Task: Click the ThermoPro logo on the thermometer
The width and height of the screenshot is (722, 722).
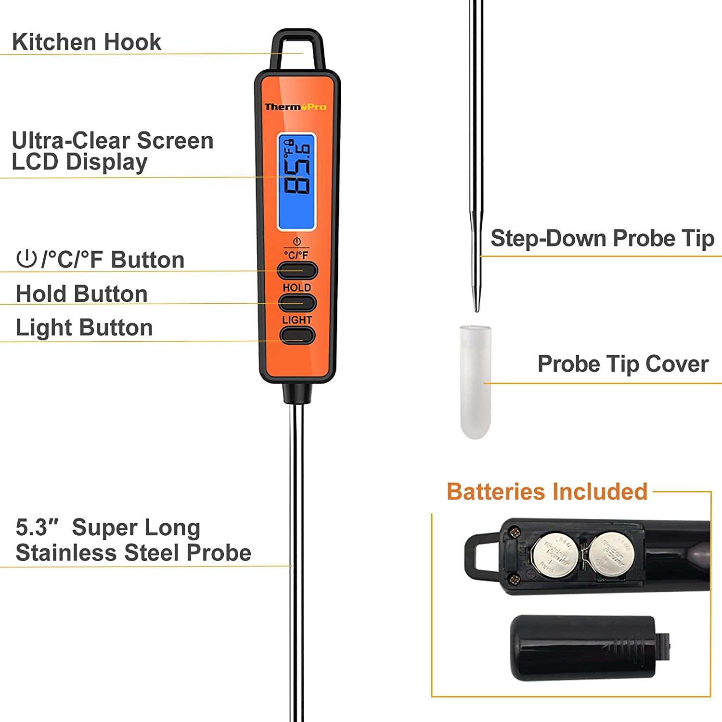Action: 296,107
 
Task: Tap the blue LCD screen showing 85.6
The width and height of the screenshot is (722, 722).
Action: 297,181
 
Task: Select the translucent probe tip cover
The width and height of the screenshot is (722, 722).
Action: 475,382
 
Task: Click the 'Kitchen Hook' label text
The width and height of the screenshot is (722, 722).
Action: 87,42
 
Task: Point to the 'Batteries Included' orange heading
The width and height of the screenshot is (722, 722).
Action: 547,491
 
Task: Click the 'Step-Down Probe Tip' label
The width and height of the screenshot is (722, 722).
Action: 602,238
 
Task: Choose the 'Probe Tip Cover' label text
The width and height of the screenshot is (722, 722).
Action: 623,364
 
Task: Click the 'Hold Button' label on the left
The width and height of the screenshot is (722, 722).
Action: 82,294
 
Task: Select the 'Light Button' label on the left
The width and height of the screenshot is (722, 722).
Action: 84,327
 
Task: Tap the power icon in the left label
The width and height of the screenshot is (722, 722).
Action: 26,258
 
